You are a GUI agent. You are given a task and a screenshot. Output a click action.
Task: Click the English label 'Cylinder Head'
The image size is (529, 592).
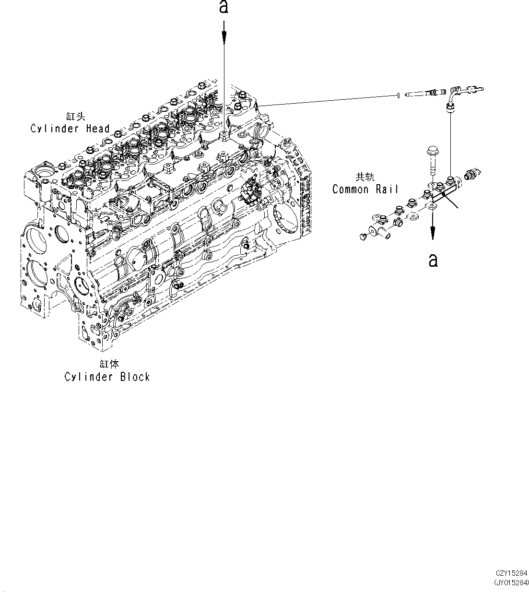[x=70, y=129]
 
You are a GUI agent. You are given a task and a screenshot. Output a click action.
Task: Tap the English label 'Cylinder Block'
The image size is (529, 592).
[x=107, y=377]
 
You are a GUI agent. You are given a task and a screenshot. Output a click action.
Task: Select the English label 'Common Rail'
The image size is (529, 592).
[x=365, y=189]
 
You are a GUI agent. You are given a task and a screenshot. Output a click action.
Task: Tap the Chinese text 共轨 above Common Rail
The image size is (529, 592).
[x=363, y=177]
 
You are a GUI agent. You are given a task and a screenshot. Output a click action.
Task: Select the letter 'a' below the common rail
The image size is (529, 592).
[x=433, y=260]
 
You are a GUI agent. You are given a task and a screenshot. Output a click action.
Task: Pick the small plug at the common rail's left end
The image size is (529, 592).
[x=363, y=236]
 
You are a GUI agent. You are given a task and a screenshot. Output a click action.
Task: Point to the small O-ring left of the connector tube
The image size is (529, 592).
[x=399, y=96]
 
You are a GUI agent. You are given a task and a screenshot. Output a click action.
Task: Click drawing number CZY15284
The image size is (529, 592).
[x=511, y=573]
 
